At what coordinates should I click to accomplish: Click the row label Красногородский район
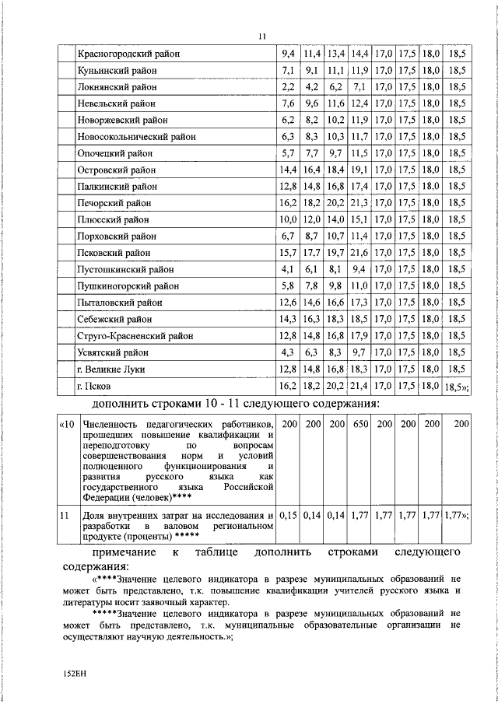128,54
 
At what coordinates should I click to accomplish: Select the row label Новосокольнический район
135,136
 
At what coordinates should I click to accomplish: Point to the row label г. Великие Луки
112,369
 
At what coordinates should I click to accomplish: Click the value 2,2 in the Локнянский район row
288,86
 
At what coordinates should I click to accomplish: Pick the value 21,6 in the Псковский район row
359,253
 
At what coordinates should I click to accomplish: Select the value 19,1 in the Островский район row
359,170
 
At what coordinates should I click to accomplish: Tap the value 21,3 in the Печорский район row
359,203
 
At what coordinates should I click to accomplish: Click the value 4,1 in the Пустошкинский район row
288,269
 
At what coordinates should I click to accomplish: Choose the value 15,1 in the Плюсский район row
359,219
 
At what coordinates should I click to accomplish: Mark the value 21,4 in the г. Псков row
359,386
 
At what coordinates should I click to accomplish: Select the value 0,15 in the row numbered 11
289,515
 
